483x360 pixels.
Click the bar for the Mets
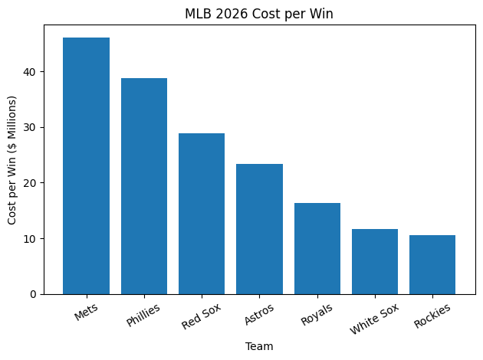coord(86,165)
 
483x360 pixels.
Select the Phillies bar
coord(144,186)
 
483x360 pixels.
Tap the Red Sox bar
coord(202,214)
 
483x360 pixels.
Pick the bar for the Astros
coord(259,229)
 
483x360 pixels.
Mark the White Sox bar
coord(375,261)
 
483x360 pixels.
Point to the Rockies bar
coord(432,264)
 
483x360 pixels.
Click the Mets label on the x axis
coord(87,312)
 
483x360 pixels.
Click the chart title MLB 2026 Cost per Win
coord(259,13)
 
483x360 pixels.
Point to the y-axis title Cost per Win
coord(12,160)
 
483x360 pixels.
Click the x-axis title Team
coord(259,346)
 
